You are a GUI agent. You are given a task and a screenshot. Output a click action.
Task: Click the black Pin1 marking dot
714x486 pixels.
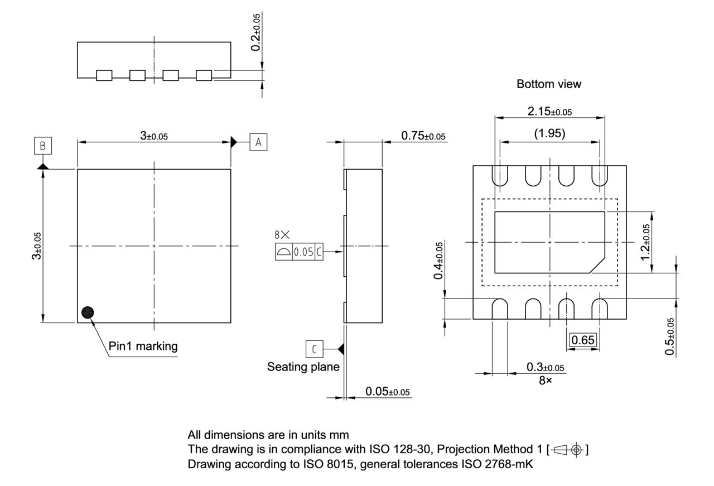(87, 313)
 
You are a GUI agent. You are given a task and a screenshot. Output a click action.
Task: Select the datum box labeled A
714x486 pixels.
(258, 142)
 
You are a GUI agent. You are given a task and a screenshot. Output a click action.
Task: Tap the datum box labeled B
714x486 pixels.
(42, 146)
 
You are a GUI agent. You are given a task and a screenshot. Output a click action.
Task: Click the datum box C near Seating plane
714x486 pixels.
(314, 349)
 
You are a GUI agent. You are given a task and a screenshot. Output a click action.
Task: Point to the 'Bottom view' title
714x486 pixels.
(548, 84)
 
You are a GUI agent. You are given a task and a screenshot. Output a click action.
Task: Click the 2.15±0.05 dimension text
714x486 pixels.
(549, 111)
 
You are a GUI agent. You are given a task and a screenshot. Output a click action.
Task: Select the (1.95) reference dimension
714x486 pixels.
(549, 133)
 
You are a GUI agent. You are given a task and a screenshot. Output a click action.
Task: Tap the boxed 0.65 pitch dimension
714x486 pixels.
(583, 340)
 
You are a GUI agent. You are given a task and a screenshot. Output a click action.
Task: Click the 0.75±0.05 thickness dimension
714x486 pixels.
(423, 136)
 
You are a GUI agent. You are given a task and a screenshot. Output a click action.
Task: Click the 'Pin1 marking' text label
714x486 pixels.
(143, 346)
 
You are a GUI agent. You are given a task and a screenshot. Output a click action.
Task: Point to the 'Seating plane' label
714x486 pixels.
(303, 367)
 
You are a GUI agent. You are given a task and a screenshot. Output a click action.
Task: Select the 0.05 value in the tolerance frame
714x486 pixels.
(303, 252)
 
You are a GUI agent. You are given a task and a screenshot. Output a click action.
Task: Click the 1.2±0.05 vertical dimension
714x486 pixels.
(645, 242)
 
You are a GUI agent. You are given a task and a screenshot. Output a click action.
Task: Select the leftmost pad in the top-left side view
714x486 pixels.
(104, 75)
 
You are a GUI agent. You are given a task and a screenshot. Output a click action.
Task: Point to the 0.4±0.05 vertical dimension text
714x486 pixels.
(440, 261)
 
